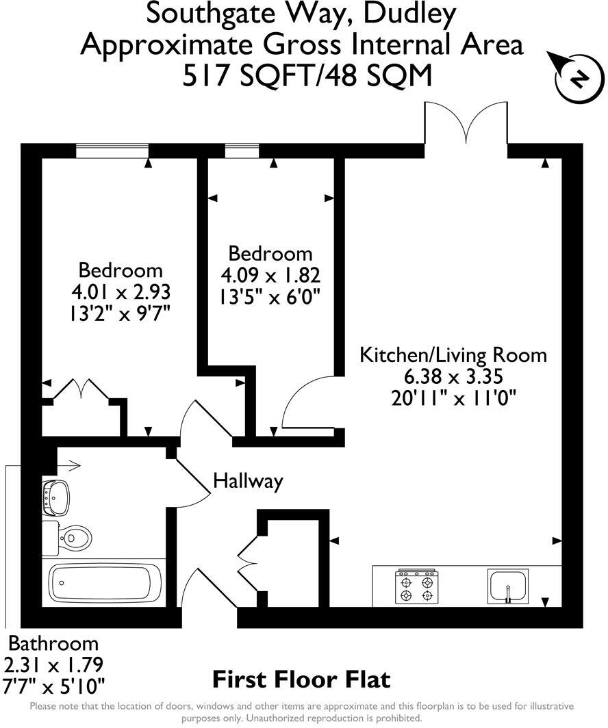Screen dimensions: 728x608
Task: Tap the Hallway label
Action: point(248,481)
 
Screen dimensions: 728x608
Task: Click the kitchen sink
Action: point(508,586)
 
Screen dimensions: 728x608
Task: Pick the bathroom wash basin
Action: point(56,497)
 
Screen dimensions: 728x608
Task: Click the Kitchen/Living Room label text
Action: point(453,355)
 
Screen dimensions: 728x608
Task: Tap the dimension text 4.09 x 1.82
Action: point(270,276)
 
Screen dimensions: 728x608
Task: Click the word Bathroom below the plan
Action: point(53,643)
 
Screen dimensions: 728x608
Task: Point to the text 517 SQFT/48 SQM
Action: point(307,75)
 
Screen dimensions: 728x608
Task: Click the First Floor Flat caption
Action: point(301,679)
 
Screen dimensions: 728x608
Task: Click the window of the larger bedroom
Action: point(112,151)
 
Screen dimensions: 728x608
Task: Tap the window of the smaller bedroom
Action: point(242,151)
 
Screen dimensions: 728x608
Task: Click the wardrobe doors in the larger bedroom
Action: point(82,392)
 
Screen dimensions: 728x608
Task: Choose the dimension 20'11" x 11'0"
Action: point(453,397)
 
